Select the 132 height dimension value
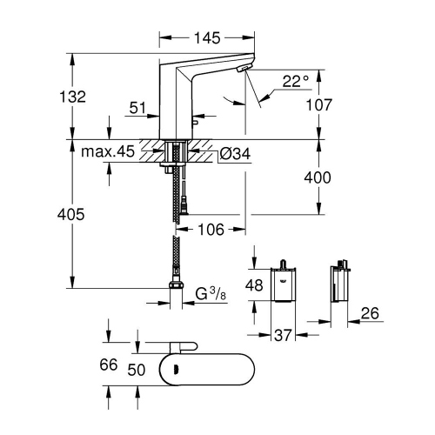[76, 97]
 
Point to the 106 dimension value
[210, 230]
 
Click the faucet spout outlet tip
[244, 70]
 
